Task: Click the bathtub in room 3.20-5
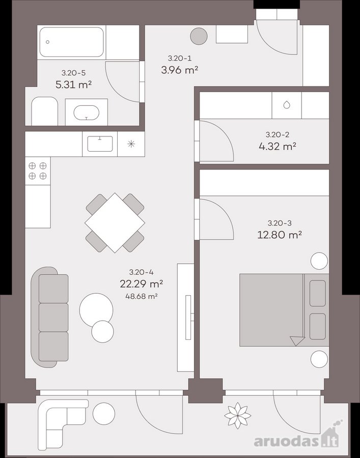pos(71,42)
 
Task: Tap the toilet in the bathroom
pos(44,111)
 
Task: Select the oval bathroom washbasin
pos(86,113)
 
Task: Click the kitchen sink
pos(100,144)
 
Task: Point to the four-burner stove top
pos(38,171)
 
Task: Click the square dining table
pos(115,222)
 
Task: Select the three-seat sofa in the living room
pos(50,317)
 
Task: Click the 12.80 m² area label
pos(280,235)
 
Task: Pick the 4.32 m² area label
pos(278,146)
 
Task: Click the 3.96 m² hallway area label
pos(180,70)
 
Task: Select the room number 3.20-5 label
pos(73,73)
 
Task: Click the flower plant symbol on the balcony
pos(238,415)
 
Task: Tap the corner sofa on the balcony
pos(62,419)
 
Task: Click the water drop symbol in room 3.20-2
pos(287,105)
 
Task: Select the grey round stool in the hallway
pos(199,36)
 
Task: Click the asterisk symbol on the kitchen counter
pos(131,144)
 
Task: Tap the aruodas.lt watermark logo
pos(297,438)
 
